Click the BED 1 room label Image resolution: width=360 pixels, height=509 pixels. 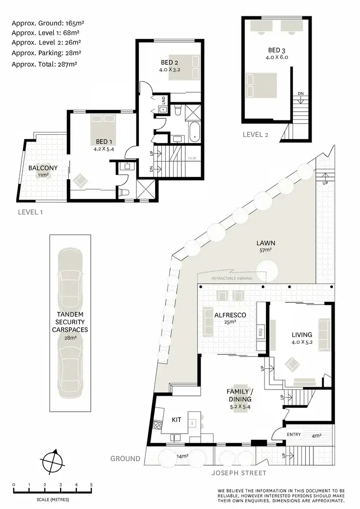(104, 142)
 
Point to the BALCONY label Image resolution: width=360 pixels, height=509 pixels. (43, 168)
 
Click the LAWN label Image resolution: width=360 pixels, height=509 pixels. (265, 243)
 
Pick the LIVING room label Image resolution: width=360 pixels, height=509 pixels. (302, 334)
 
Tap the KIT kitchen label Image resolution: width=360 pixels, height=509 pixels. (177, 420)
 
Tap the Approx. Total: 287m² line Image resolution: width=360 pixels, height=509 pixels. (44, 63)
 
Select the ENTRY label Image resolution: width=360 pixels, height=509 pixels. (294, 435)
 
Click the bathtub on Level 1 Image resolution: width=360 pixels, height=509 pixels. (194, 132)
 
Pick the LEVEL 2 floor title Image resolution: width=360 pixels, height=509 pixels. (255, 135)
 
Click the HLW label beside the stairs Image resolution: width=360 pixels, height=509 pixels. (192, 158)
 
